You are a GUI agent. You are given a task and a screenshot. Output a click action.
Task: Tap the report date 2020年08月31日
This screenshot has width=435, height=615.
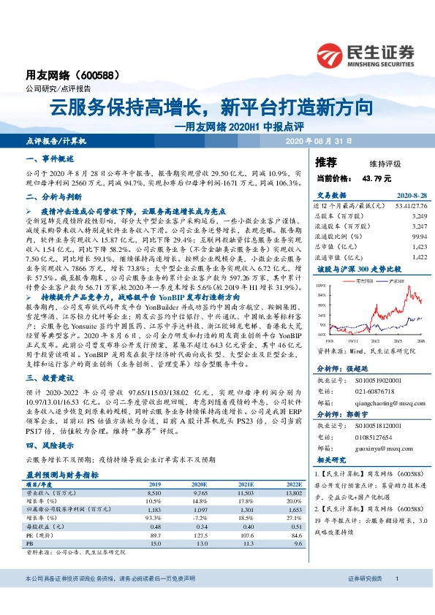pos(318,140)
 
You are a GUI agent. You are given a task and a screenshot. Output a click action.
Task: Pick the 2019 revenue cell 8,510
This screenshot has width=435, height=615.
pos(154,494)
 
